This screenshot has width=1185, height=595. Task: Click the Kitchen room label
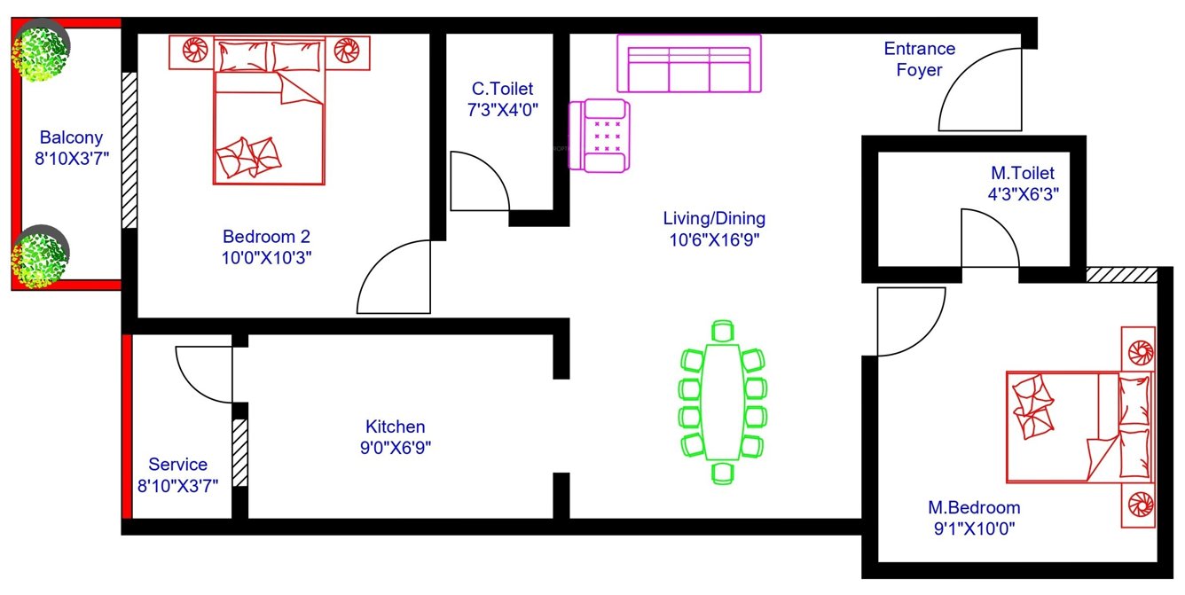[395, 427]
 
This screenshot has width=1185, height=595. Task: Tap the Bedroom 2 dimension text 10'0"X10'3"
[267, 257]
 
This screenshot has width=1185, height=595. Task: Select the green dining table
[724, 402]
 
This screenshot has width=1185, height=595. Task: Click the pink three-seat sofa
[689, 64]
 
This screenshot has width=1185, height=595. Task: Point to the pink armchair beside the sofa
[600, 136]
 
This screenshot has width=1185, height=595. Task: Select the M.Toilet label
[1023, 173]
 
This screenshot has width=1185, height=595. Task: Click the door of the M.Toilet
[987, 239]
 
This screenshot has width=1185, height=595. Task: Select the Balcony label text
[71, 137]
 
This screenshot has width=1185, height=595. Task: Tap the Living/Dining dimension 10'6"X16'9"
[715, 239]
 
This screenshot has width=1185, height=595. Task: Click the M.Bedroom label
[974, 508]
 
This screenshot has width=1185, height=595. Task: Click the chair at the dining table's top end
[723, 333]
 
